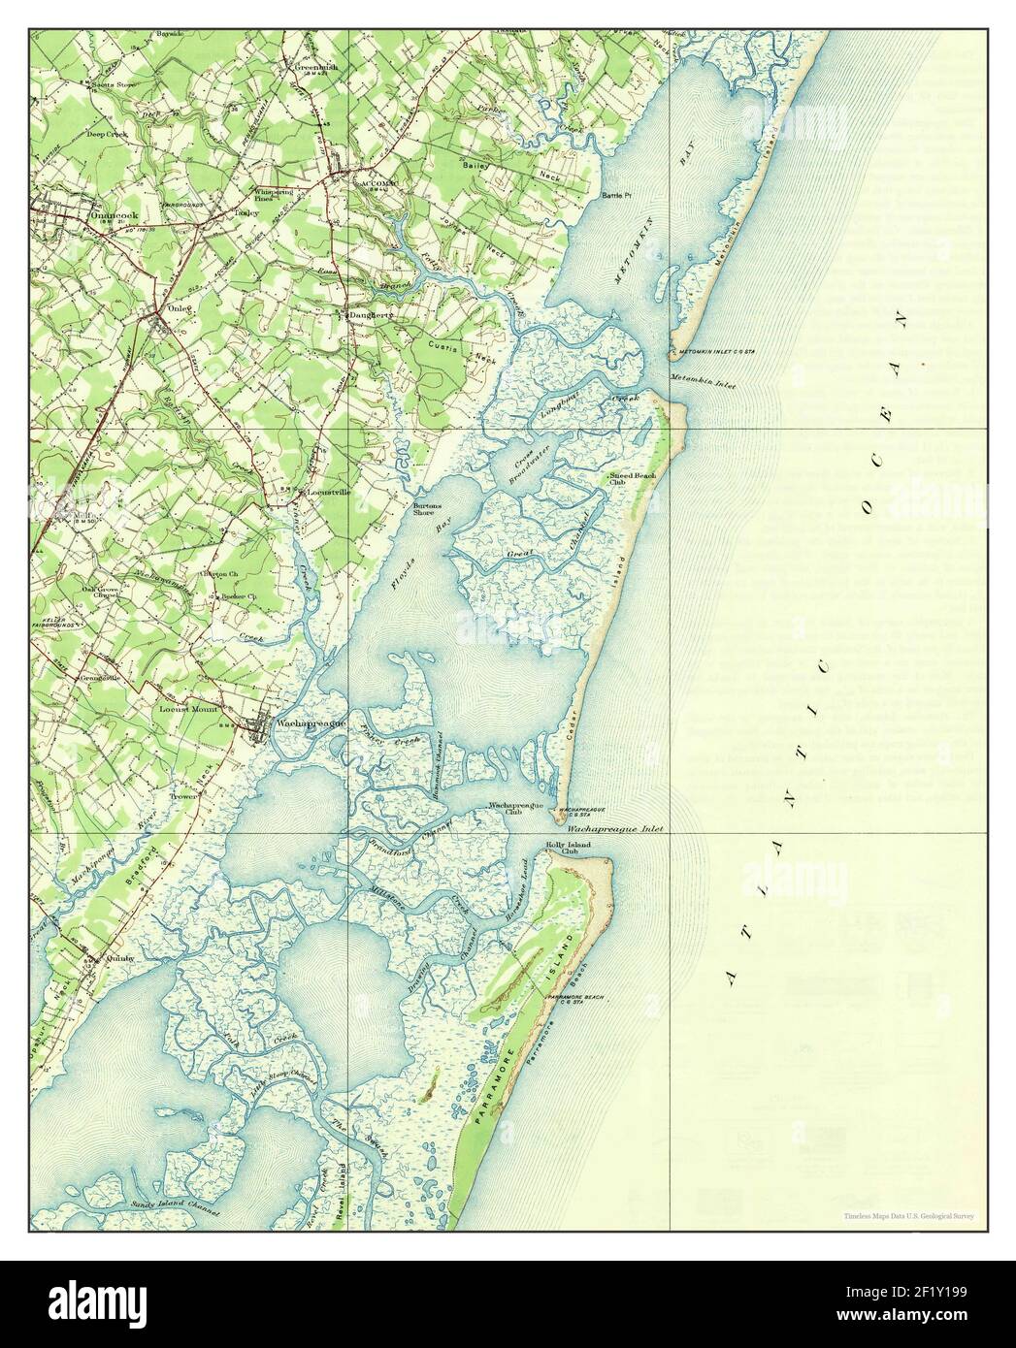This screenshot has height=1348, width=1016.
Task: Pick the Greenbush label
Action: [x=314, y=67]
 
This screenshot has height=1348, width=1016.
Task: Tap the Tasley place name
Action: [x=243, y=211]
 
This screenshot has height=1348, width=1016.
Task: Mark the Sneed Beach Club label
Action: [x=632, y=479]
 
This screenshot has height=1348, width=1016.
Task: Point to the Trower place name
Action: [x=184, y=796]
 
